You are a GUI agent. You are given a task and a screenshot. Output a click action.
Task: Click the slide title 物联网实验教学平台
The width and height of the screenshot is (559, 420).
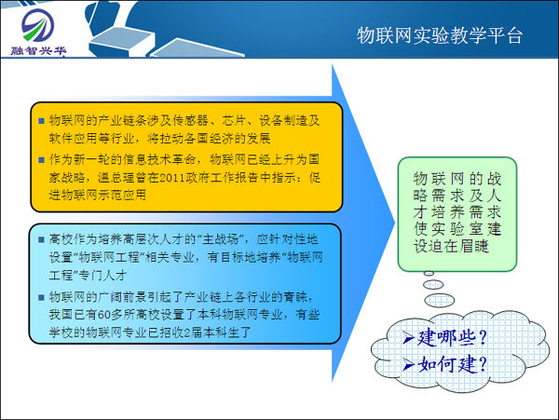point(440,35)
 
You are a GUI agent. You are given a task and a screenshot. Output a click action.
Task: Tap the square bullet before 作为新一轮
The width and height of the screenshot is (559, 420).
point(40,160)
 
